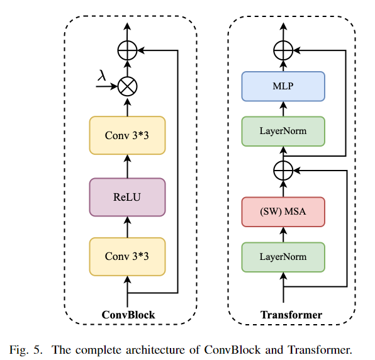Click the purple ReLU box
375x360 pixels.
coord(127,197)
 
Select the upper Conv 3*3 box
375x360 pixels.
coord(127,135)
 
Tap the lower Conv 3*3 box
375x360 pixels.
coord(127,256)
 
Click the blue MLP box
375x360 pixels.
coord(283,86)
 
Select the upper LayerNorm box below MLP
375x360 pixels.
coord(283,132)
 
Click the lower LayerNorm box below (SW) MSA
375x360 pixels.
coord(283,256)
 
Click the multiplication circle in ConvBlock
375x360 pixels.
coord(128,86)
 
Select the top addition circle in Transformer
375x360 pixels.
coord(284,50)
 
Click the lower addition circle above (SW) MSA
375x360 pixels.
coord(284,169)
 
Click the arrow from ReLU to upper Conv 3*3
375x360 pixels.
coord(128,166)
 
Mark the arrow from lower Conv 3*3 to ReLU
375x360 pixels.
coord(128,227)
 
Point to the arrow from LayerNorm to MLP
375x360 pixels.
coord(284,109)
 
